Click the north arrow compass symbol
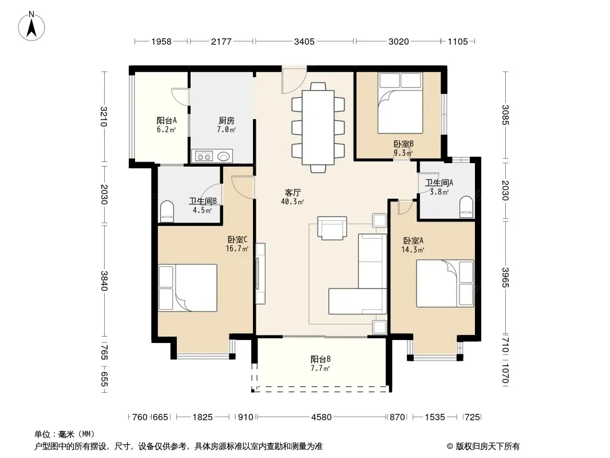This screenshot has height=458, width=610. pos(31,26)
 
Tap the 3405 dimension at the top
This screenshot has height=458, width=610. pos(304,41)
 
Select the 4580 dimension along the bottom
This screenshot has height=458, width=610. pos(322,417)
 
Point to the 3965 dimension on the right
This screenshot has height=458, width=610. pos(505,277)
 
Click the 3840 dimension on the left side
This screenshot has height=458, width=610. pos(104,281)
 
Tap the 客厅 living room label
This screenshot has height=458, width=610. pos(292,192)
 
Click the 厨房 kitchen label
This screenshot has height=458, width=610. pos(227,121)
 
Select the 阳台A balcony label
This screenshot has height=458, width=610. pos(167,121)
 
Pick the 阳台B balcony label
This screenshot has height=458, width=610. pos(320,359)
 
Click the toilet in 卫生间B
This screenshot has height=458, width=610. pos(167,211)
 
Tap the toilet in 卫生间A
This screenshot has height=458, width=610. pos(466,207)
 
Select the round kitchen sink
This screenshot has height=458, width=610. pos(223,156)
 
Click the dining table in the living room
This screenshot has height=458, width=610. pos(318,128)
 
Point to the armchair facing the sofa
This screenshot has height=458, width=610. pos(332,228)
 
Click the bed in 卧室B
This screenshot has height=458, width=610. pos(401,103)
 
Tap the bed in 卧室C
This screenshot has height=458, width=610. pos(188,287)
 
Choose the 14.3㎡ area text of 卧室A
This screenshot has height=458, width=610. pos(413,250)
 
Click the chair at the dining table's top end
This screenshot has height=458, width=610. pos(318,86)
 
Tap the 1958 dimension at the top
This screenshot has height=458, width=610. pos(161,41)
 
